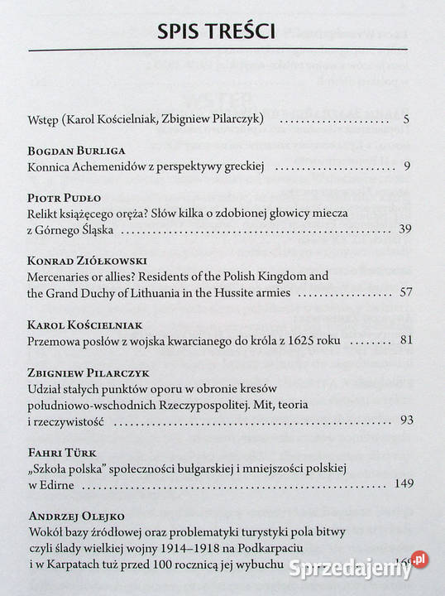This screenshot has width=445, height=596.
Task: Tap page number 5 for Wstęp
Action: point(406,120)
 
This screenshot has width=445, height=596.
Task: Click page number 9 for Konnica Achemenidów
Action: point(407,167)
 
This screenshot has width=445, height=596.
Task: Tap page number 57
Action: point(404,291)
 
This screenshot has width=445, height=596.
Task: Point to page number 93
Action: point(404,421)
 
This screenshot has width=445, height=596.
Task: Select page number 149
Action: point(403,483)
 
